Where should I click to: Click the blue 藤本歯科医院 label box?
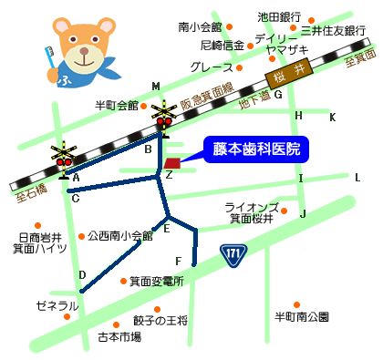256,149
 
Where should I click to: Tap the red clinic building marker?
173,163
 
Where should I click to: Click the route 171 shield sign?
233,252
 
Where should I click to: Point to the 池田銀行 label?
279,16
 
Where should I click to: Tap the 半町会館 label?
116,106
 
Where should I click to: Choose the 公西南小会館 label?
120,235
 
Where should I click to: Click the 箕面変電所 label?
156,282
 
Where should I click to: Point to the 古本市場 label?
119,337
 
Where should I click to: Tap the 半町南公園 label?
302,317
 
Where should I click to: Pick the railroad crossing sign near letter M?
165,116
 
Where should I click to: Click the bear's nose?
86,54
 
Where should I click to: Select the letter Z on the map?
169,174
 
